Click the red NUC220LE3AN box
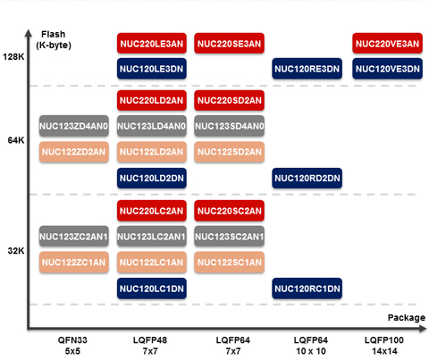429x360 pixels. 152,44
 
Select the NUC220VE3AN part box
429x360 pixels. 387,44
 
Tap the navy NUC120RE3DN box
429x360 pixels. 307,69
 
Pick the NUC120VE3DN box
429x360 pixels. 387,69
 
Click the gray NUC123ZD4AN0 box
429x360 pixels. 74,126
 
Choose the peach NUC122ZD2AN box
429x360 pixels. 74,152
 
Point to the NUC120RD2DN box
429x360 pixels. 307,178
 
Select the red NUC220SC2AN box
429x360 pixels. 229,211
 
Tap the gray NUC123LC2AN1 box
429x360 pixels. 152,237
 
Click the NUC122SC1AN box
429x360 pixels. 229,263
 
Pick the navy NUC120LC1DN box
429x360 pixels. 152,289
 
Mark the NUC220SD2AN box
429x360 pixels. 229,100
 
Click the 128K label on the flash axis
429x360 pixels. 13,56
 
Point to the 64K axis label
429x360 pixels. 16,140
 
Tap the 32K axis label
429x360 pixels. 16,251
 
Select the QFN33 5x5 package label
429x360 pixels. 72,346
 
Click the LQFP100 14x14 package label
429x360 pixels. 384,346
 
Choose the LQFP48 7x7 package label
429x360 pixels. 150,346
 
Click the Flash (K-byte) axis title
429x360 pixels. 54,39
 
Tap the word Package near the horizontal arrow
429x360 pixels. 407,318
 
